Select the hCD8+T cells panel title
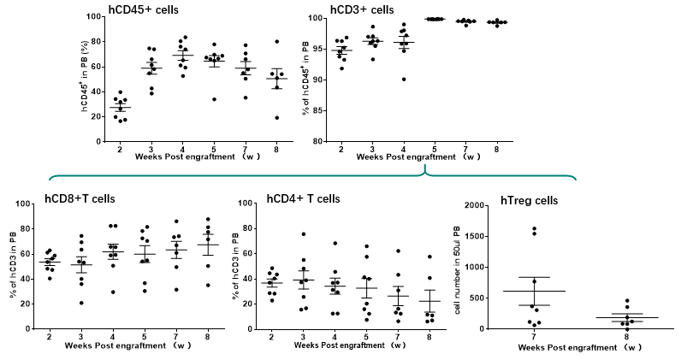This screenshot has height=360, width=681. [x=80, y=199]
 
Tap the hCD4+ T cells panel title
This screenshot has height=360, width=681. [x=303, y=199]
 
